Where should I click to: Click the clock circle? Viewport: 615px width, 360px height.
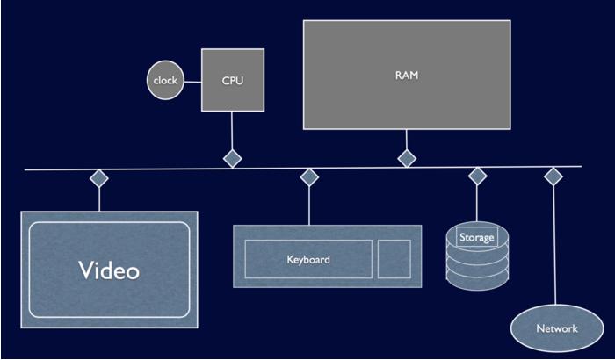pos(163,81)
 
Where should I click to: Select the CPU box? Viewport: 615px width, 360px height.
pos(232,80)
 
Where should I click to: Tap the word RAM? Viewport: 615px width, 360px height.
pos(407,76)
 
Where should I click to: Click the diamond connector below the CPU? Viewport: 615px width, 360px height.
pos(232,159)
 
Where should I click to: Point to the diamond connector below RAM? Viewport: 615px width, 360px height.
pos(407,159)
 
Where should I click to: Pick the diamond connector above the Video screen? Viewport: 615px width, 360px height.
pos(99,178)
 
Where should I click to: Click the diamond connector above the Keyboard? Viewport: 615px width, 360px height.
pos(308,177)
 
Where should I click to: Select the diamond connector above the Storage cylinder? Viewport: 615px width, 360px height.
pos(477,176)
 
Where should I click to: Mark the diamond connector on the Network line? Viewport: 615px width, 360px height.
pos(553,176)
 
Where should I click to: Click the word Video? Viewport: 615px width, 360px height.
pos(109,270)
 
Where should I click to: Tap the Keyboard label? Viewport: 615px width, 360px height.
pos(308,260)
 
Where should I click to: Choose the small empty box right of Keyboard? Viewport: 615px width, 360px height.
pos(394,259)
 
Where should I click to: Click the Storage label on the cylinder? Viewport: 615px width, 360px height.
pos(477,237)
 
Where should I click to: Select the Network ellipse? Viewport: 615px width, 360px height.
pos(557,328)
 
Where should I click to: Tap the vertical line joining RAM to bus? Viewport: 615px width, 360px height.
pos(407,140)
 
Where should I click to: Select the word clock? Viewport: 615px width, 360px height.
pos(164,81)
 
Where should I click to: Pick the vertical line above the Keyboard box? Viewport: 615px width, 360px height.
pos(308,206)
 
